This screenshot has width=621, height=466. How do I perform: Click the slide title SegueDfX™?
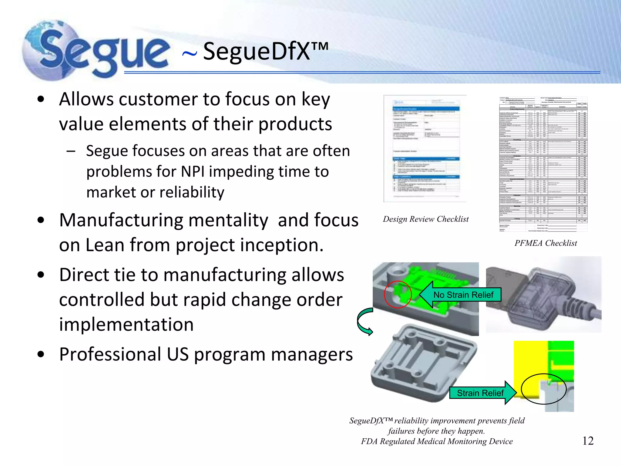265,52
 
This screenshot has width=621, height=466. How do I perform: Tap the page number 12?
588,441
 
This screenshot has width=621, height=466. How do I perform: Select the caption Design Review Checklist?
425,219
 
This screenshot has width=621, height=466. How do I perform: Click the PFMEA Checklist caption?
545,243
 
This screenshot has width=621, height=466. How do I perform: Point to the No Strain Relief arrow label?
463,295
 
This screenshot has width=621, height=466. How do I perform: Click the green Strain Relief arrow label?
480,393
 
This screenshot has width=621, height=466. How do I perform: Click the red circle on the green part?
398,294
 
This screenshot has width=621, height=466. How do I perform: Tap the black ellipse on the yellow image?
543,389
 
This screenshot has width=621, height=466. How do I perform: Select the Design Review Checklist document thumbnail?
425,149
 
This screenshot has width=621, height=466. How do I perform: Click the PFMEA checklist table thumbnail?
543,164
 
